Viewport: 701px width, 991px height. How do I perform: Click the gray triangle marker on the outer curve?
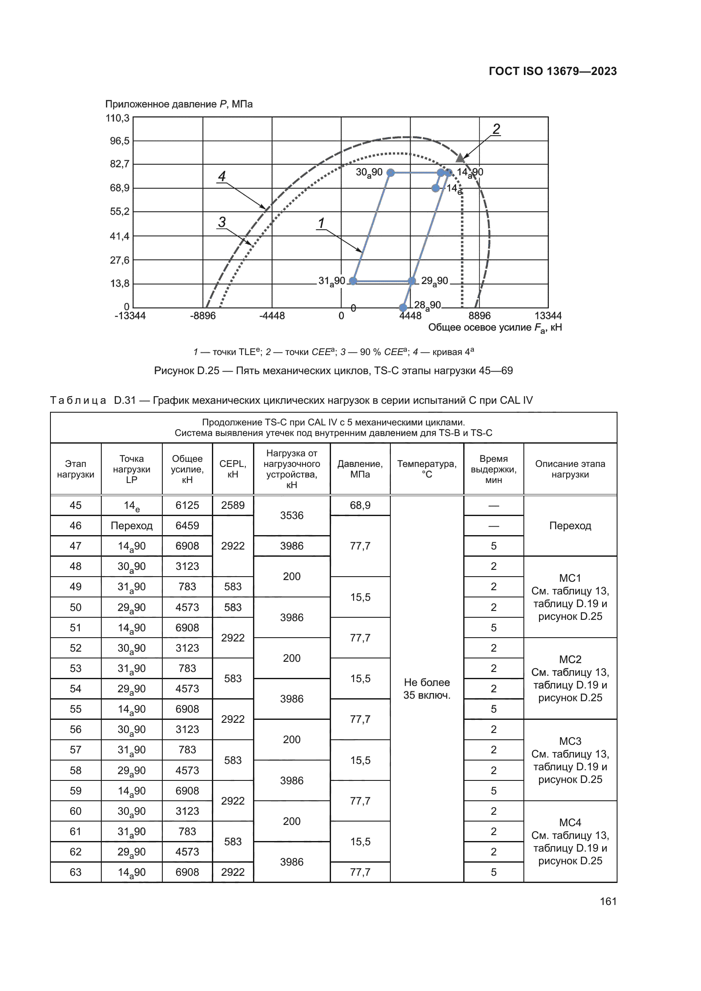(460, 158)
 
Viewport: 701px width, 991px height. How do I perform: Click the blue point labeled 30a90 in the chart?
(391, 172)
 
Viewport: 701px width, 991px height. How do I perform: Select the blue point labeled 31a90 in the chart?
(353, 281)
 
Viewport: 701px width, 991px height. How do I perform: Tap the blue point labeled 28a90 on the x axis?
(403, 307)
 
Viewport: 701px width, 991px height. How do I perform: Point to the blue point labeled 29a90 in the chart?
(412, 281)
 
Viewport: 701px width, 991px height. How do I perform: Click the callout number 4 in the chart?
(222, 176)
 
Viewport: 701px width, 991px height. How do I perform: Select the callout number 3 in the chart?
(222, 222)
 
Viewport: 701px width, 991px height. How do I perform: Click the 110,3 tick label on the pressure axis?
(117, 118)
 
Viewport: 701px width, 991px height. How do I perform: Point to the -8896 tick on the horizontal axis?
(203, 316)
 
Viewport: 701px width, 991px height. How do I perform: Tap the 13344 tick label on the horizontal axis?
(548, 316)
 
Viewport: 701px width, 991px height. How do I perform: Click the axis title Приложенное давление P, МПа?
(179, 104)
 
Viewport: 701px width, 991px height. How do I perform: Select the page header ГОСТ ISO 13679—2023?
(553, 71)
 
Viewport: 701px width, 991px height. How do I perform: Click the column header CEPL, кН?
(233, 469)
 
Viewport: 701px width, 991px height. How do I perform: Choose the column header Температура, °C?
(426, 469)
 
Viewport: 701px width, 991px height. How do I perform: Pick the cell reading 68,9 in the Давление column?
(360, 505)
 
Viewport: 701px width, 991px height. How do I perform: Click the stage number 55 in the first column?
(75, 709)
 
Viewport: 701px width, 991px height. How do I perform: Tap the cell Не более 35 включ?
(426, 688)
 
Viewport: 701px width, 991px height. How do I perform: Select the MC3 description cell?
(570, 760)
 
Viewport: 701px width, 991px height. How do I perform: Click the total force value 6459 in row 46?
(187, 526)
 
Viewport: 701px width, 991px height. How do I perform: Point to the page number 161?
(608, 901)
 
